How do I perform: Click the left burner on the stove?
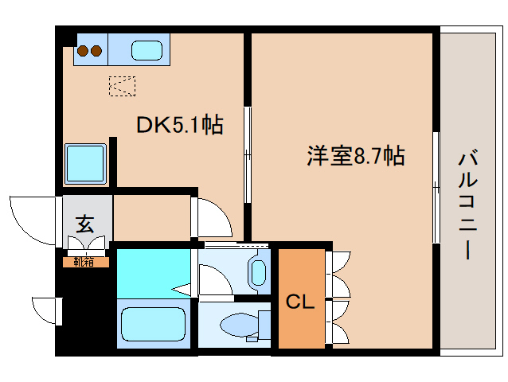tap(82, 53)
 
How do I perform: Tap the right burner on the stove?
tap(96, 53)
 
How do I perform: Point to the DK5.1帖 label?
tap(178, 125)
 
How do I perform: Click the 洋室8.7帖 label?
tap(356, 156)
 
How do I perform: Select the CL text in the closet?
tap(301, 302)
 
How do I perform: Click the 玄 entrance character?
tap(84, 224)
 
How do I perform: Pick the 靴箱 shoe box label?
tap(84, 260)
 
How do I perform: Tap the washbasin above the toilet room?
tap(259, 271)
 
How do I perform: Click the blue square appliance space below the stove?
tap(85, 163)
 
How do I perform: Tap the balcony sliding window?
tap(436, 187)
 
